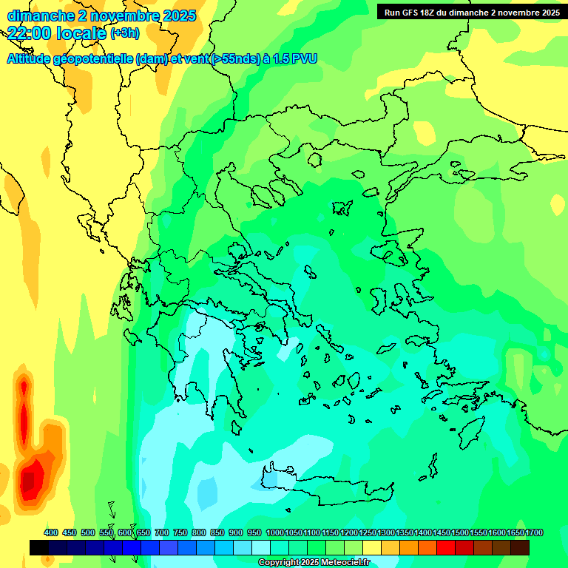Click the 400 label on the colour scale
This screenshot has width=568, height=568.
click(51, 532)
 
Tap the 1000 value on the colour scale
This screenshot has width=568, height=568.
click(274, 532)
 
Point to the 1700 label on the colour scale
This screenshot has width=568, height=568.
click(534, 532)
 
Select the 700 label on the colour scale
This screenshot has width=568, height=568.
click(162, 532)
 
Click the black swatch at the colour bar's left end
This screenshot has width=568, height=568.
click(39, 547)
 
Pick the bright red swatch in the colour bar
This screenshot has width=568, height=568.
click(446, 547)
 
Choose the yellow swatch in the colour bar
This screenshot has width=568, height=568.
click(372, 547)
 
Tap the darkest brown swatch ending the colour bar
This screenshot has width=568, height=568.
click(520, 547)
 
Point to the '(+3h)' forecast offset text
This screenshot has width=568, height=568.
click(124, 33)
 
